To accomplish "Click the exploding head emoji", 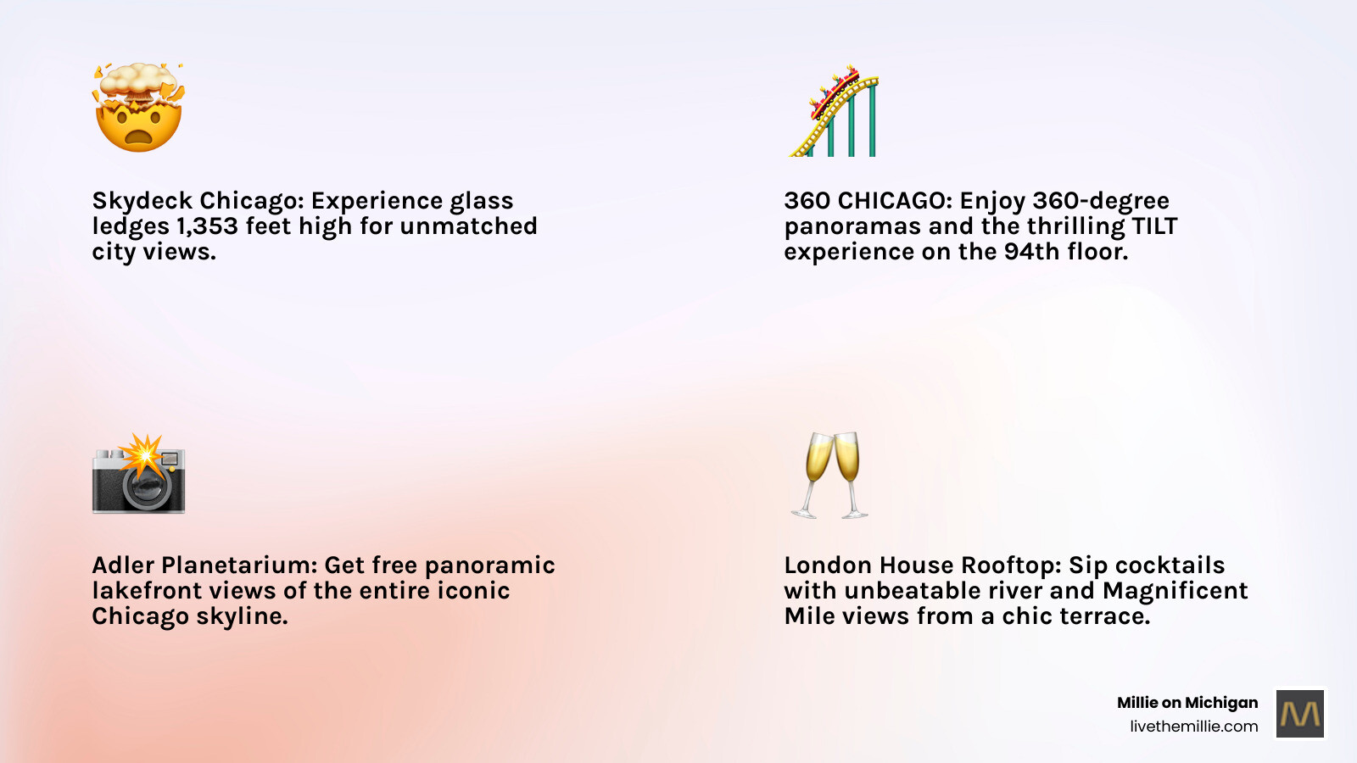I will point(138,109).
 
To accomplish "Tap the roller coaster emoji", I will point(834,112).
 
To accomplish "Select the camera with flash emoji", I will point(138,475).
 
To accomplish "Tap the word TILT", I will point(1154,226).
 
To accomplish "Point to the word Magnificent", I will point(1175,591).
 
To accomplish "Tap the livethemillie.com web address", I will point(1193,727).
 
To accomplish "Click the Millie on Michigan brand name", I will point(1187,703).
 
